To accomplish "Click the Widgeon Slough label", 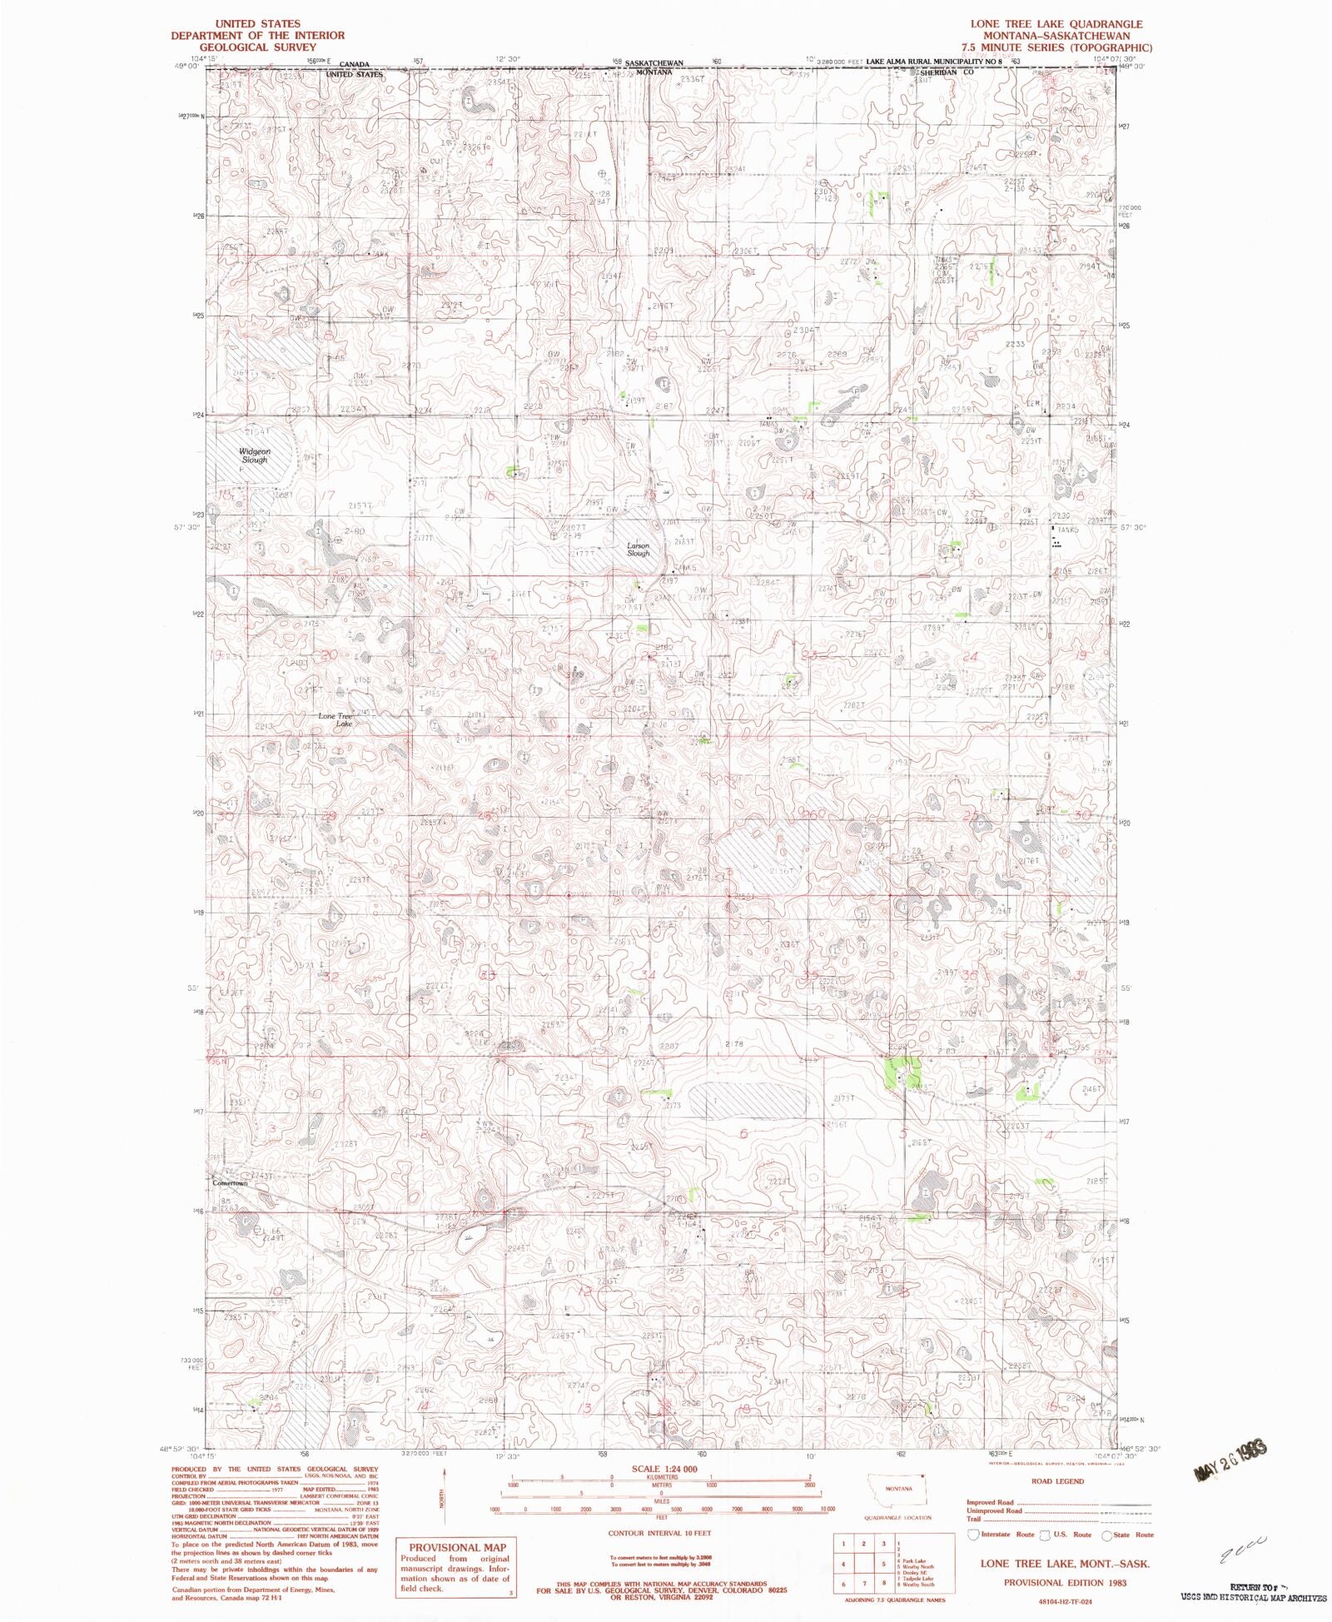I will click(x=255, y=455).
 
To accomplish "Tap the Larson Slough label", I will click(x=639, y=550).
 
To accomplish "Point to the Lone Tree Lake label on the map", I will click(x=337, y=719).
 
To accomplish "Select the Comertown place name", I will click(x=230, y=1182).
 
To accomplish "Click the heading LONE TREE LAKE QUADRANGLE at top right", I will click(x=1066, y=24).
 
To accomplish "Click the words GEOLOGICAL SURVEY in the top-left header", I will click(x=257, y=47).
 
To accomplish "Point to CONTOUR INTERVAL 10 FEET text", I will click(x=661, y=1532).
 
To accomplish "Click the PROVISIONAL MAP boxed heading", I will click(x=456, y=1547).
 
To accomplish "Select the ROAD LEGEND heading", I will click(x=1057, y=1481).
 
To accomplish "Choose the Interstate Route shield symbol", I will click(x=972, y=1535).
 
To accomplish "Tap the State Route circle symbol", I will click(x=1106, y=1535).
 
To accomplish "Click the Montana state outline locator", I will click(x=899, y=1493).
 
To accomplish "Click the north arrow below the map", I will click(x=443, y=1499).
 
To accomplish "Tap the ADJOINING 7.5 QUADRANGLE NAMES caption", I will click(x=894, y=1600).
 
